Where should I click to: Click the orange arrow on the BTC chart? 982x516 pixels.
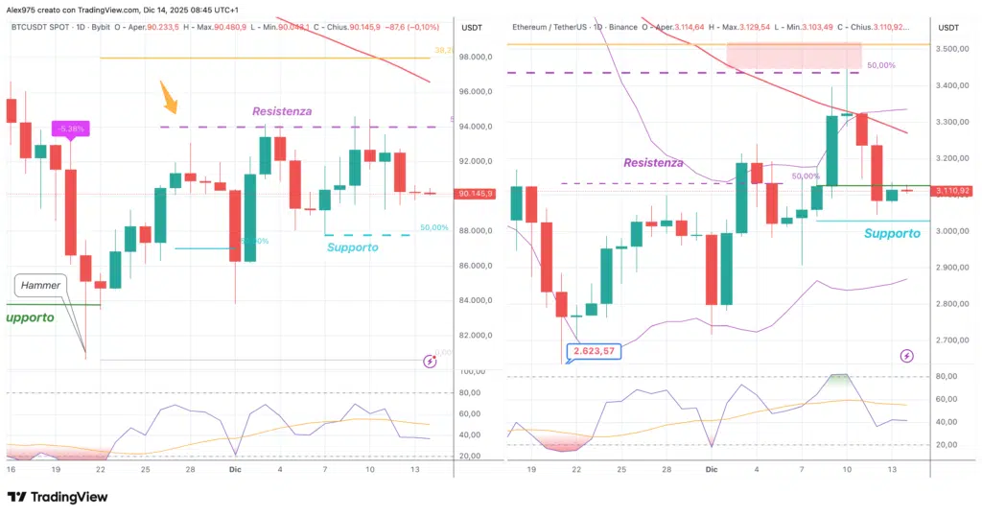[168, 97]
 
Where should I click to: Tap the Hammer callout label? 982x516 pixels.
[41, 285]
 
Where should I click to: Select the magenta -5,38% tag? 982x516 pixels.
[70, 128]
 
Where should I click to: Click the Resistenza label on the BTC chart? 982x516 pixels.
[282, 111]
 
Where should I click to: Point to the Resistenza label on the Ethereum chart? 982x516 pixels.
[653, 163]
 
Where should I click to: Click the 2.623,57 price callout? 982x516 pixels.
[594, 351]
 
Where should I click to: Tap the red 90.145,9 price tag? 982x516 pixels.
[476, 194]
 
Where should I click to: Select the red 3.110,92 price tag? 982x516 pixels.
[952, 191]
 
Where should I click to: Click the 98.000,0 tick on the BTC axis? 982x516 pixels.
[476, 58]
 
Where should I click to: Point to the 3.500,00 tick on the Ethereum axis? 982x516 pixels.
[952, 48]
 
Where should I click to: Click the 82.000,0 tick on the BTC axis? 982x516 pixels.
[476, 336]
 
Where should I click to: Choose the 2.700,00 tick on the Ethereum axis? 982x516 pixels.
[952, 340]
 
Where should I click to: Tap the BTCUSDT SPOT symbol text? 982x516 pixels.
[47, 27]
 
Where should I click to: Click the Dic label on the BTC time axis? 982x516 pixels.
[235, 470]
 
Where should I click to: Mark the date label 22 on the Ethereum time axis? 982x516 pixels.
[576, 470]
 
